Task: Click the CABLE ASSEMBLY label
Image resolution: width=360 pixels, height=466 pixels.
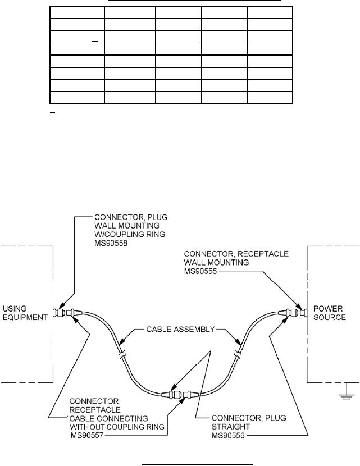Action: point(179,330)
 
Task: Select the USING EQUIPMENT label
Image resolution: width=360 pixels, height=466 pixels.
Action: point(25,312)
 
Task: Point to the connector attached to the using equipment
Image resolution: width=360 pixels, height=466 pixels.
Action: point(58,312)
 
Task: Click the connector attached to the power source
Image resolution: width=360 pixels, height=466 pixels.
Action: point(298,312)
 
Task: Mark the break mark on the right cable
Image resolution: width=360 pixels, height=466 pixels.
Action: point(238,355)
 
